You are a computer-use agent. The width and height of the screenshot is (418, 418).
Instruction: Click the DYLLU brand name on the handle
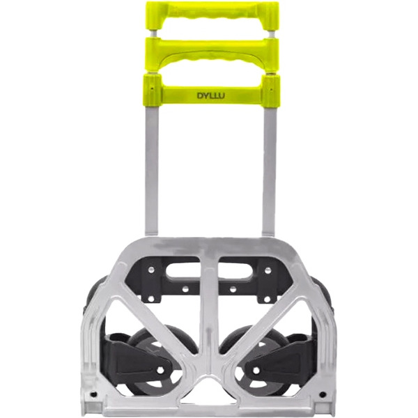pos(210,95)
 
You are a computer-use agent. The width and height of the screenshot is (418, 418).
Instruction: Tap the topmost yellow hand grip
pos(212,15)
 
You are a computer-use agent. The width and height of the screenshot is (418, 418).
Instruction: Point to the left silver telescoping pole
pos(152,171)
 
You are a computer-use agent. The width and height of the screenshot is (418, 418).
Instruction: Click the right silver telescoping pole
pos(269,171)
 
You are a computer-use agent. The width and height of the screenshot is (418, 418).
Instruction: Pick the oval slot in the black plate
pos(209,271)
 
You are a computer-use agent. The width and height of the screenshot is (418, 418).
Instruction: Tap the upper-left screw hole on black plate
pos(151,270)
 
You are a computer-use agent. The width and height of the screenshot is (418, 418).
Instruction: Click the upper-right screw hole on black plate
pos(268,270)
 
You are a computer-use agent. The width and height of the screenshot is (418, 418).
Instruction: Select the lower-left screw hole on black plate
pos(151,299)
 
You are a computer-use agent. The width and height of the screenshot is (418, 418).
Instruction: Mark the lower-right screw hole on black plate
pos(267,299)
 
